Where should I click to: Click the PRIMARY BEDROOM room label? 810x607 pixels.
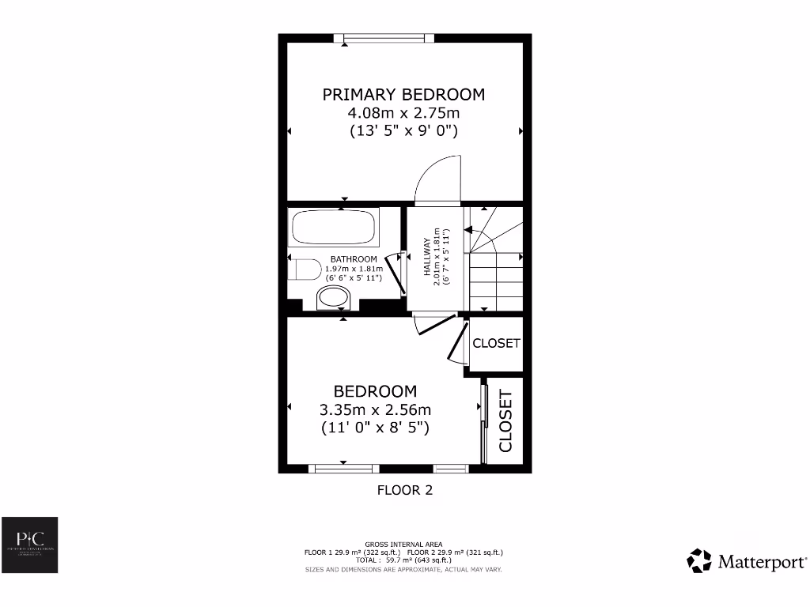[x=403, y=95]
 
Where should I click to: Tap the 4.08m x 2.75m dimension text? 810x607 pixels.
[x=403, y=113]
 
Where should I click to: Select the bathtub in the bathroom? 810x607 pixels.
[x=332, y=227]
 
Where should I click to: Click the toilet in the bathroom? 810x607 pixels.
[x=305, y=270]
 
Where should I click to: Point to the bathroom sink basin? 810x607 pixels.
[x=332, y=299]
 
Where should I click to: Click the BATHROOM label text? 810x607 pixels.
[x=354, y=259]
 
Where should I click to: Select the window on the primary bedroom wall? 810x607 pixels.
[x=384, y=38]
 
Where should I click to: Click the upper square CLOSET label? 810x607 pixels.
[x=496, y=343]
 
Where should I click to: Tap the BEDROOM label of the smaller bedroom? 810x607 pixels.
[x=375, y=391]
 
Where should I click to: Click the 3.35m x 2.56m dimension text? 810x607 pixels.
[x=375, y=409]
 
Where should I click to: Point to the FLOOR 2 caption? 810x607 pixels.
[x=404, y=490]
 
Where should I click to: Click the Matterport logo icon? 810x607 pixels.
[x=699, y=561]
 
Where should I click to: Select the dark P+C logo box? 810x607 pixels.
[x=29, y=545]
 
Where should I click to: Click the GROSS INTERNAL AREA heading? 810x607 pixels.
[x=404, y=544]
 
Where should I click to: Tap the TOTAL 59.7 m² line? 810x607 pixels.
[x=404, y=560]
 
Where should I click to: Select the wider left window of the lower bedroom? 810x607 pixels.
[x=343, y=469]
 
